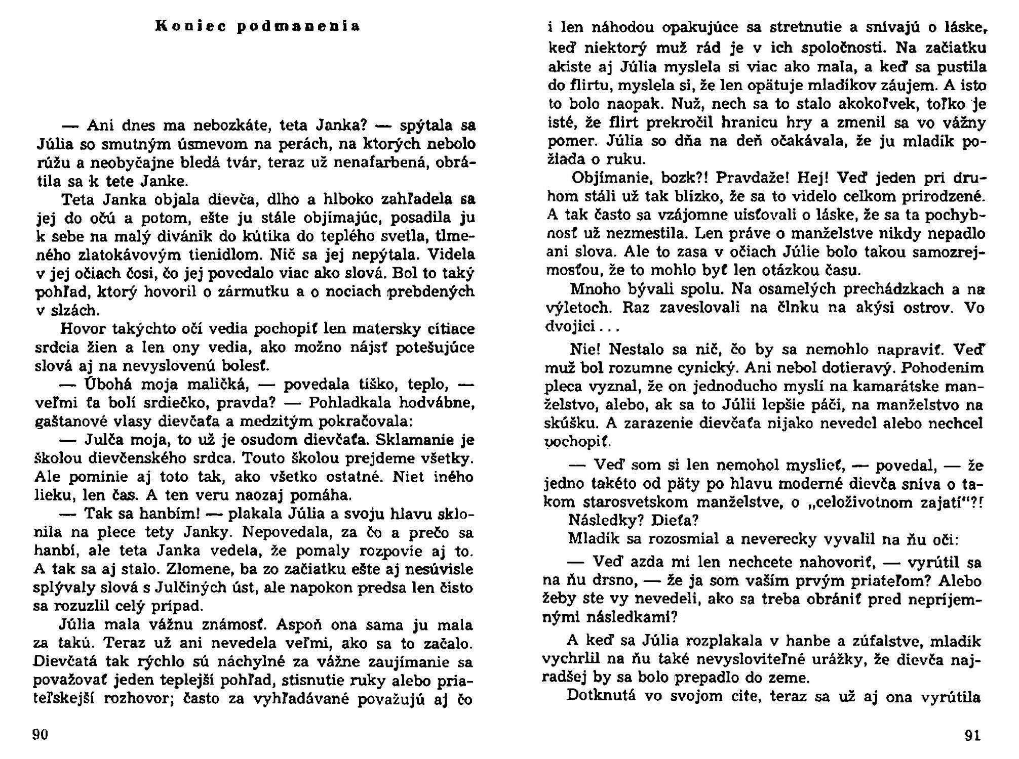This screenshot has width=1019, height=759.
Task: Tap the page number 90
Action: click(x=40, y=734)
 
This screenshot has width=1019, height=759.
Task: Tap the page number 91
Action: click(x=972, y=735)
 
